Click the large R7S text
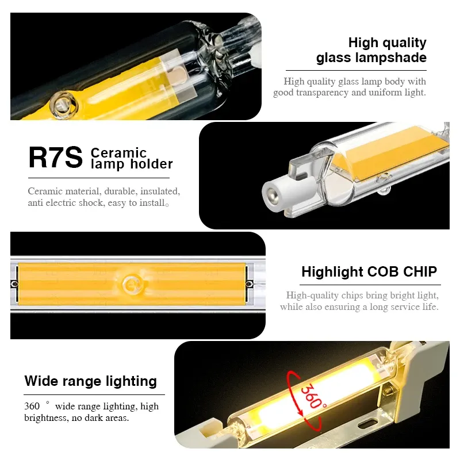pyautogui.click(x=55, y=158)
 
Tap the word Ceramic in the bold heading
pyautogui.click(x=118, y=153)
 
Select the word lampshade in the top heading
pyautogui.click(x=391, y=57)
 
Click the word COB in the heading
pyautogui.click(x=383, y=271)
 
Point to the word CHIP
pyautogui.click(x=420, y=271)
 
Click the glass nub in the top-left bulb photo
pyautogui.click(x=63, y=105)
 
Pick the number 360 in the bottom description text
pyautogui.click(x=32, y=406)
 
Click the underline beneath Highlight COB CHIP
pyautogui.click(x=370, y=285)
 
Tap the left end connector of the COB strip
pyautogui.click(x=14, y=284)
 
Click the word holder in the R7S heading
pyautogui.click(x=151, y=164)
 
